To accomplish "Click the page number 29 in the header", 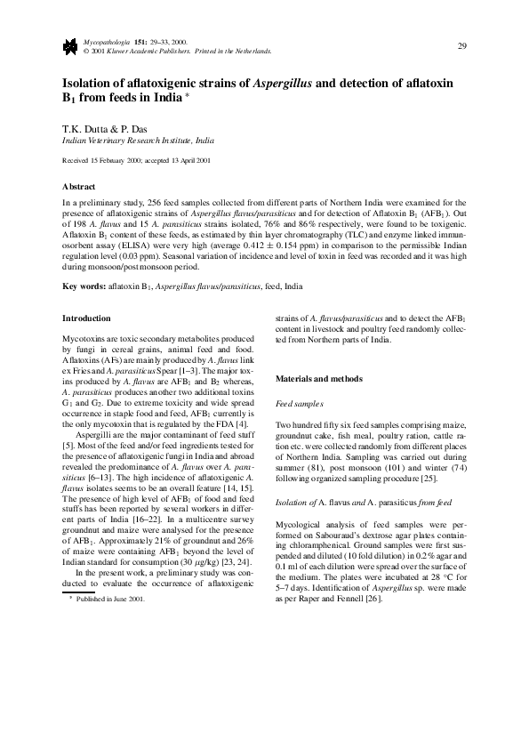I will (x=461, y=45).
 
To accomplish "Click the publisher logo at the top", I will (x=68, y=46).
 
